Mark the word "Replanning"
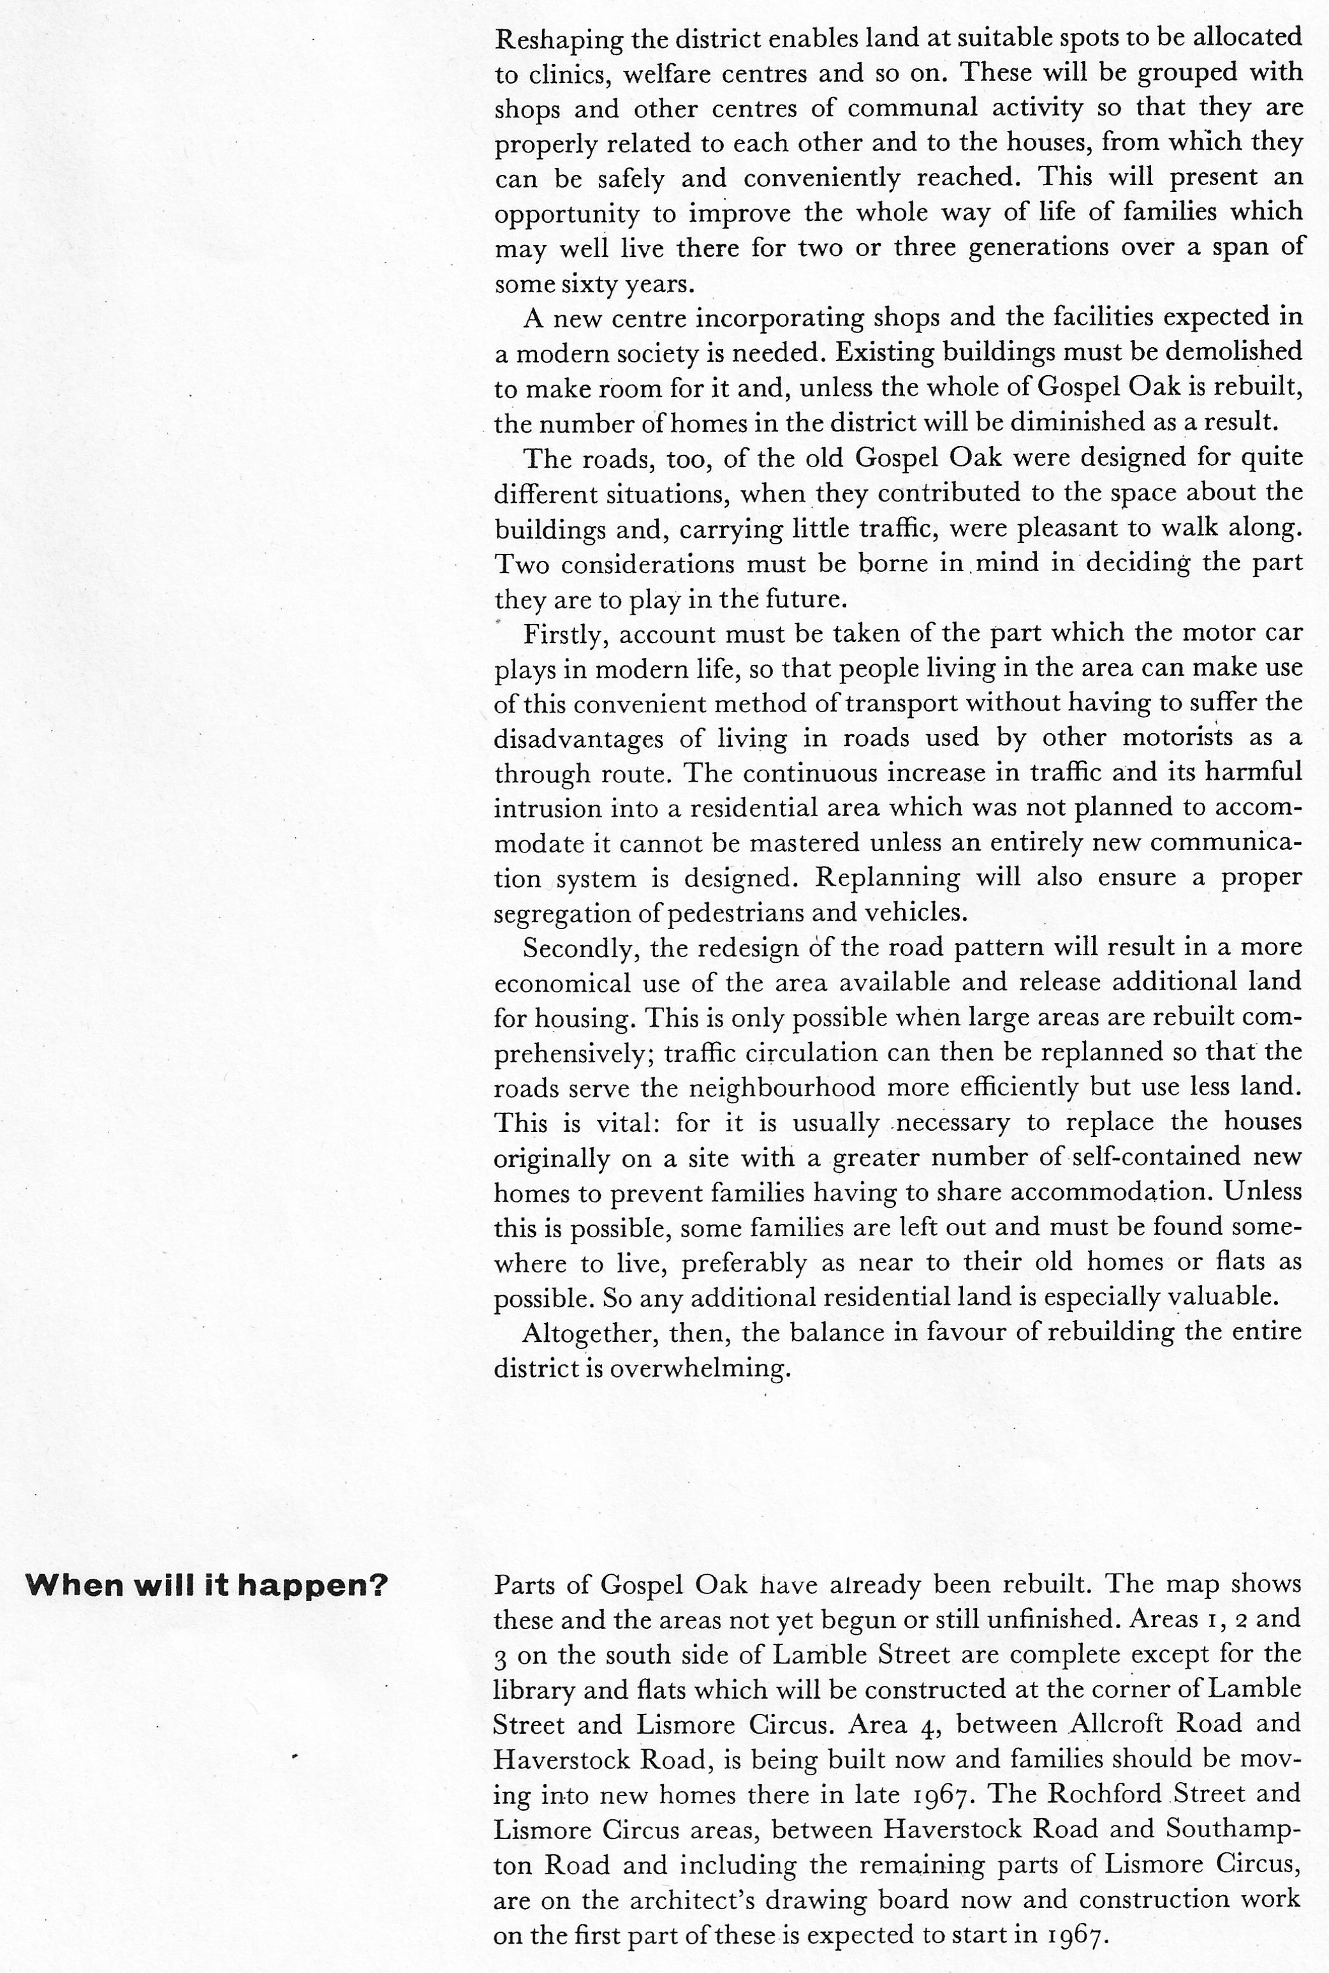(x=886, y=877)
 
